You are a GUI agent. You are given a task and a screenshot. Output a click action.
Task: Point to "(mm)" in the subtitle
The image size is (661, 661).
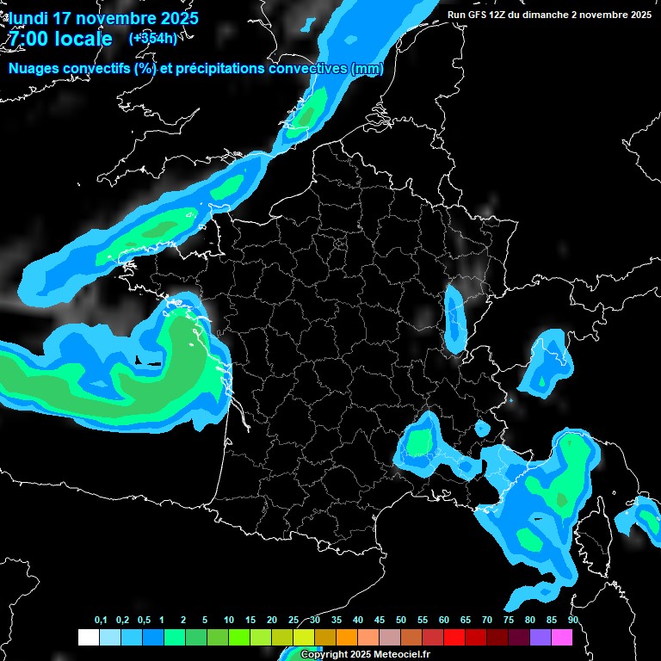pyautogui.click(x=367, y=68)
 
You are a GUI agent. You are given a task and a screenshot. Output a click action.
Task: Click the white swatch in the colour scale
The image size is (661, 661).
pyautogui.click(x=88, y=638)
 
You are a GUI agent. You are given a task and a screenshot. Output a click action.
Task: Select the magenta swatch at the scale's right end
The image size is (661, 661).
pyautogui.click(x=561, y=638)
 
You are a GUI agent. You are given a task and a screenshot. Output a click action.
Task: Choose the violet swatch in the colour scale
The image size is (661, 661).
pyautogui.click(x=540, y=638)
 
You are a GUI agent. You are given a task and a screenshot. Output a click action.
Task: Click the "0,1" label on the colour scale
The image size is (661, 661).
pyautogui.click(x=101, y=621)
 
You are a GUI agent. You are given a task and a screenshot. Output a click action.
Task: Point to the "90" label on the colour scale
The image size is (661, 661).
pyautogui.click(x=573, y=621)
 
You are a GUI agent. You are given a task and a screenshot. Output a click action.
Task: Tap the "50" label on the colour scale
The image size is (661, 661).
pyautogui.click(x=401, y=621)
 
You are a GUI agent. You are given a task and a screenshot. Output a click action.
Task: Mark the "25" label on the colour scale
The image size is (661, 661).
pyautogui.click(x=293, y=621)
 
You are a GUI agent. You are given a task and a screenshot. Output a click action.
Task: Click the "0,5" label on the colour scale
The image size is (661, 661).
pyautogui.click(x=144, y=621)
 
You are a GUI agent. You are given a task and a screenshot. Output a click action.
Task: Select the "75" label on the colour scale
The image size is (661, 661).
pyautogui.click(x=509, y=621)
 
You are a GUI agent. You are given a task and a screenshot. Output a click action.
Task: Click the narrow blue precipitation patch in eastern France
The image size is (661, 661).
pyautogui.click(x=454, y=318)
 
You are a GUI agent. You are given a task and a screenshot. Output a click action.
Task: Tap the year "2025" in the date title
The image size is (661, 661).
pyautogui.click(x=174, y=17)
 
